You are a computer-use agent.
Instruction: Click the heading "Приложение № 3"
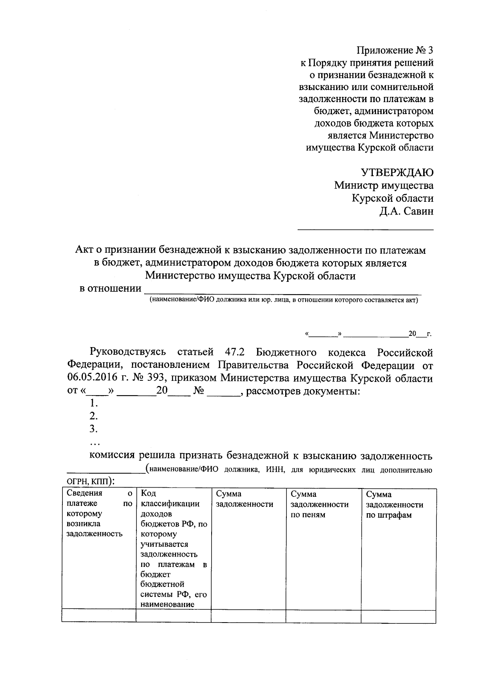(395, 50)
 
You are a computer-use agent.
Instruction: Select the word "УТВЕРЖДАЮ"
(397, 173)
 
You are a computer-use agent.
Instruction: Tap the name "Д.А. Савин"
(406, 211)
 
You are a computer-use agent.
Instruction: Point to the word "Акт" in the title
(84, 250)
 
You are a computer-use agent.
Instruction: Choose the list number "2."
(94, 416)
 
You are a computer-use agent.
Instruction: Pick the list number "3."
(94, 429)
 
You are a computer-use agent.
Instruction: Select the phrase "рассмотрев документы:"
(303, 391)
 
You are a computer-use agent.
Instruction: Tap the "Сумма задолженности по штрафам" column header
(394, 504)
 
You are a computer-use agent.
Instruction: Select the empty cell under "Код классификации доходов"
(173, 616)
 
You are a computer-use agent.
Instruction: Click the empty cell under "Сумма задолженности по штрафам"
(398, 616)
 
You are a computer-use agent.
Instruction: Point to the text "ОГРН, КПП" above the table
(88, 481)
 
